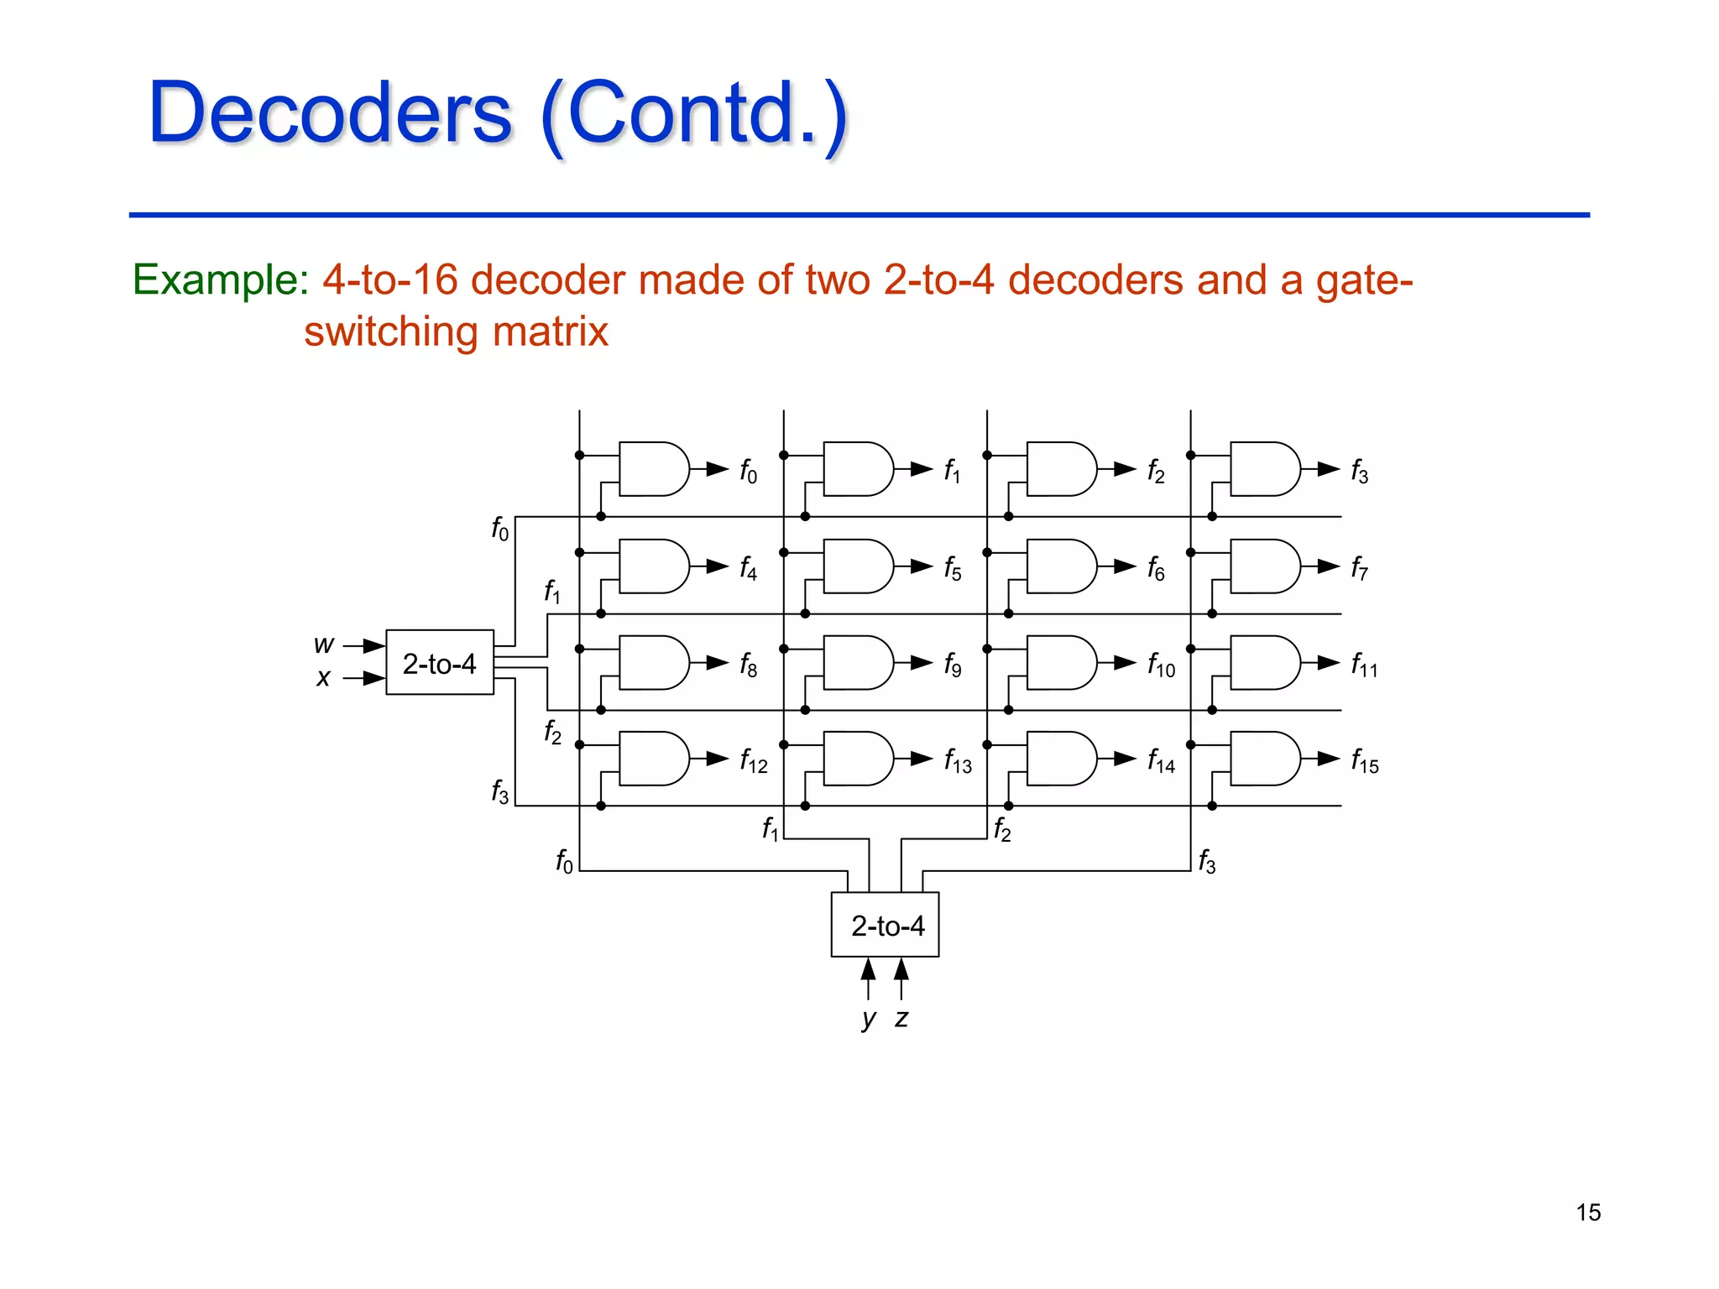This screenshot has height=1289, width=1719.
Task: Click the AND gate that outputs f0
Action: [x=653, y=469]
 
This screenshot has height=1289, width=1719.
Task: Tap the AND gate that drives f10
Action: [x=1061, y=663]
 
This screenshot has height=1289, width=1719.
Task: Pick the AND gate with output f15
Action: [x=1265, y=759]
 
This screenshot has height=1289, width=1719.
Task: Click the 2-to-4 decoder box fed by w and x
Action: [x=439, y=663]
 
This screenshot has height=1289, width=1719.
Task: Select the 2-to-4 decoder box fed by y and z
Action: [x=886, y=925]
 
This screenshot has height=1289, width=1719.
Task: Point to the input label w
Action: [x=323, y=644]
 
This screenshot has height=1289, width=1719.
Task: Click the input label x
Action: [x=323, y=678]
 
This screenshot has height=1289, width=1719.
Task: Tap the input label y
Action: [x=869, y=1019]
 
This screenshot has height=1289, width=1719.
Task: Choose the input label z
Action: [x=901, y=1019]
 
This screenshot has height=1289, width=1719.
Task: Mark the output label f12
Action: [x=753, y=762]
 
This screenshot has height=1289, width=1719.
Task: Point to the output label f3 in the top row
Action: [x=1360, y=472]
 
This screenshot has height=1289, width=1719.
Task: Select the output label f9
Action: [x=953, y=665]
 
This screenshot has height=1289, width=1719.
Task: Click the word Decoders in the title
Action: [x=330, y=113]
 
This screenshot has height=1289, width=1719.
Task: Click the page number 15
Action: [x=1588, y=1213]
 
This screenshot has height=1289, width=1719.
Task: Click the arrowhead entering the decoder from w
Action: [x=374, y=645]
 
